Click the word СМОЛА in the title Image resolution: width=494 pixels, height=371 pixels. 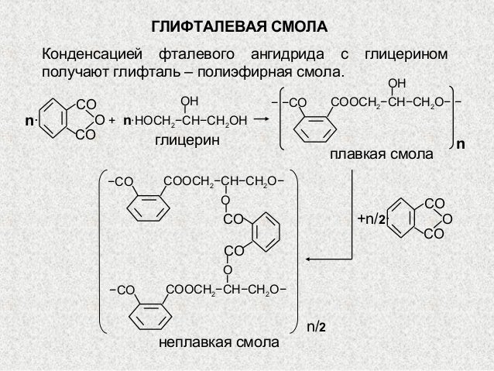(x=295, y=28)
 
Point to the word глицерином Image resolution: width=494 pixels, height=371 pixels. (x=407, y=56)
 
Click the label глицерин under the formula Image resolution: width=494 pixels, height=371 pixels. (x=187, y=141)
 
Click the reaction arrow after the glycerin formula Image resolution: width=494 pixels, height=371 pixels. (x=260, y=119)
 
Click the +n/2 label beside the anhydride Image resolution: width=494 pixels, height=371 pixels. (x=372, y=220)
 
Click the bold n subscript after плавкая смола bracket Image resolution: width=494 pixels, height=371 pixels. (x=461, y=145)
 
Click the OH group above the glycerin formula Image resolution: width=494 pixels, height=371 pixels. (x=189, y=101)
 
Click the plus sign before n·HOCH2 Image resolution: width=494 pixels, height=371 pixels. (x=112, y=121)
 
